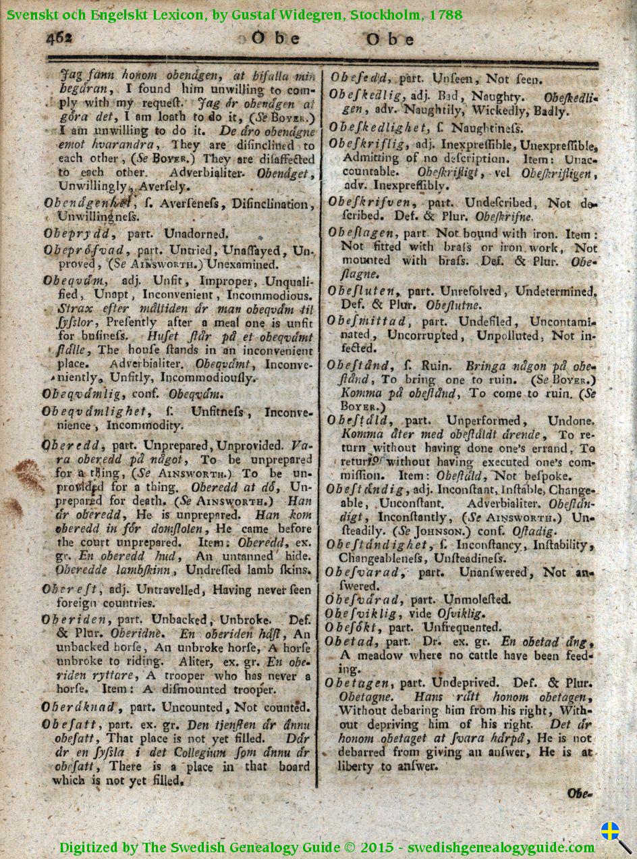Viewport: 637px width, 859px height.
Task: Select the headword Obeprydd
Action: (x=76, y=234)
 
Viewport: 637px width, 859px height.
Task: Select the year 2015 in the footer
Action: (x=374, y=848)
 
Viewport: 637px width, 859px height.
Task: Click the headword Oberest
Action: (x=68, y=589)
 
